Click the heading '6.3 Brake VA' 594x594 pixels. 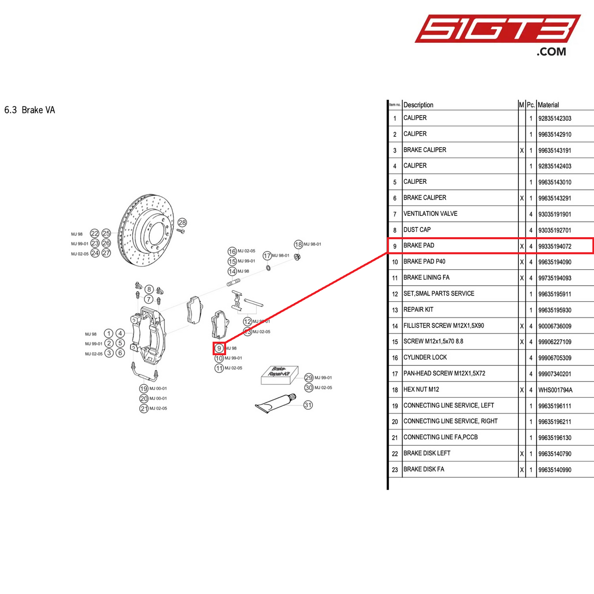click(x=30, y=110)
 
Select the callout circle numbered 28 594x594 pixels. click(x=182, y=222)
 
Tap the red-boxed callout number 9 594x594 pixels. click(x=219, y=348)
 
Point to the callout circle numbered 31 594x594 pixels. click(x=308, y=405)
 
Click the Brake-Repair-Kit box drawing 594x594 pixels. click(x=279, y=375)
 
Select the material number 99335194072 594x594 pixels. click(x=555, y=246)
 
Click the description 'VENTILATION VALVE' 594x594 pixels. click(x=430, y=214)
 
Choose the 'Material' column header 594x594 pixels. click(x=548, y=105)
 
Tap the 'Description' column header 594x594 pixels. click(x=418, y=105)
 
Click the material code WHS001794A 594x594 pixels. click(x=555, y=390)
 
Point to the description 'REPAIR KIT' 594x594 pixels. click(x=418, y=310)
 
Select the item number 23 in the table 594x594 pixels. click(x=395, y=469)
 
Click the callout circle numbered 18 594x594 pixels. click(x=298, y=245)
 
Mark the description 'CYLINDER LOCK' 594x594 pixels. click(x=425, y=358)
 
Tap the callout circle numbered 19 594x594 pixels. click(x=143, y=388)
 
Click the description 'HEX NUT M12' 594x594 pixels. click(x=421, y=389)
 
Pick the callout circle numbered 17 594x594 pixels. click(x=267, y=256)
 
